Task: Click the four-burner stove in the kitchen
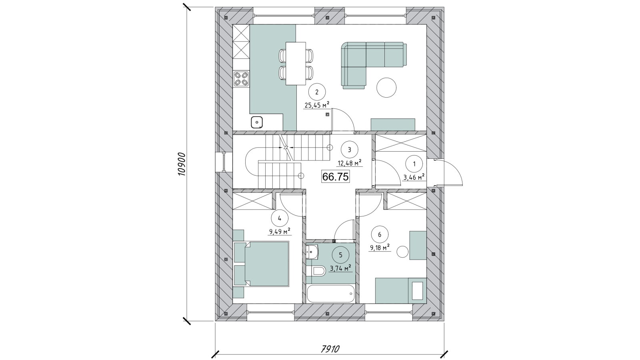pos(241,79)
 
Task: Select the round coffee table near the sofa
pos(386,88)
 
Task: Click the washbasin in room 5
pos(312,252)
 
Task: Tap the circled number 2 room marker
pos(316,92)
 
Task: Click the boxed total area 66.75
pos(336,177)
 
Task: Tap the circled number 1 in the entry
pos(414,164)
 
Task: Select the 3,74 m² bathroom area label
pos(340,268)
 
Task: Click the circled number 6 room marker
pos(380,234)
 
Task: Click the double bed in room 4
pos(261,264)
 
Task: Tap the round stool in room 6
pos(403,252)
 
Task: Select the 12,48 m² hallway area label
pos(350,163)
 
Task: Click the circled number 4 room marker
pos(280,218)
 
